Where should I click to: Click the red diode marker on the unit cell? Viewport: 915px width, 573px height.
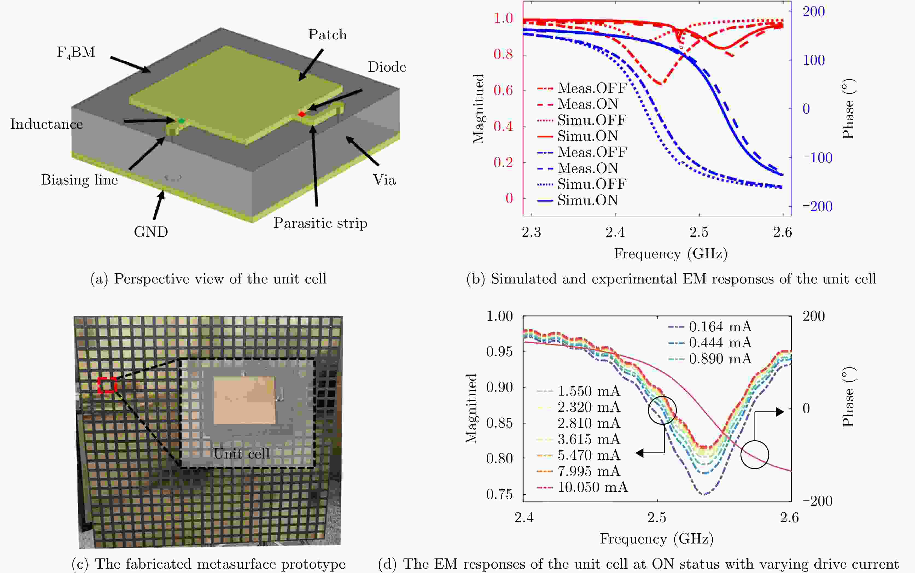click(302, 114)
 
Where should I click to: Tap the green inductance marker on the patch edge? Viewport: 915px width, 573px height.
click(182, 121)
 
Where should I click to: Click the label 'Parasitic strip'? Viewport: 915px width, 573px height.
click(320, 223)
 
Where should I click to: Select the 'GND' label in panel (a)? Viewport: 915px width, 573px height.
click(151, 232)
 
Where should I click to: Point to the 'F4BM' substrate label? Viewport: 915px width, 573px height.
click(76, 52)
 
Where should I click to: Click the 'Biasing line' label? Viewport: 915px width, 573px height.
click(79, 180)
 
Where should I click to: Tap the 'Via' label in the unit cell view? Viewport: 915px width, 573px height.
click(384, 180)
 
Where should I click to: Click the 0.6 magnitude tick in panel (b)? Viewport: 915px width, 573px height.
click(503, 90)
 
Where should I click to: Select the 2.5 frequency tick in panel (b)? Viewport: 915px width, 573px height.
click(699, 232)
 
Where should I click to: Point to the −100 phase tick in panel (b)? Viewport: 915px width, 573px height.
click(817, 158)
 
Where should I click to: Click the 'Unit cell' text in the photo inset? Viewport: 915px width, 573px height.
click(241, 454)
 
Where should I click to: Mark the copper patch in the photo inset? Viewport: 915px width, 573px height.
click(244, 400)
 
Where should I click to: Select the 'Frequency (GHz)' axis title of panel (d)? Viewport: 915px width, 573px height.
click(657, 539)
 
